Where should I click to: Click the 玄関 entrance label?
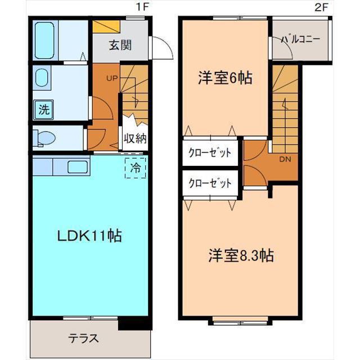click(x=120, y=45)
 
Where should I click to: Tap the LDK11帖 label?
click(x=89, y=236)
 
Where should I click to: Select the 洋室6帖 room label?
click(x=225, y=78)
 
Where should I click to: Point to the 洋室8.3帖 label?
click(x=241, y=255)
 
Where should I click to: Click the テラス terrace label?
click(x=83, y=339)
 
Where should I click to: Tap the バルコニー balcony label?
click(x=300, y=39)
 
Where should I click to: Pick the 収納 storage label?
click(x=135, y=138)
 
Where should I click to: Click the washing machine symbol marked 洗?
click(x=44, y=110)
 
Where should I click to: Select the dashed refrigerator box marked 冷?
click(x=136, y=168)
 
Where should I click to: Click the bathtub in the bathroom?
click(x=45, y=40)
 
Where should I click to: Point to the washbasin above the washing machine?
click(x=42, y=78)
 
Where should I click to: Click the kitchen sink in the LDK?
click(x=78, y=167)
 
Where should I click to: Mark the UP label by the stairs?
click(x=112, y=79)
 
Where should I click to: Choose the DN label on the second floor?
click(x=285, y=159)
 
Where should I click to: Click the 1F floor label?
click(x=142, y=7)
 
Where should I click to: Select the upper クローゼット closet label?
click(x=210, y=152)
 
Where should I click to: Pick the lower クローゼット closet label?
click(x=210, y=183)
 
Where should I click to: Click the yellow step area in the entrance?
click(x=106, y=26)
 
